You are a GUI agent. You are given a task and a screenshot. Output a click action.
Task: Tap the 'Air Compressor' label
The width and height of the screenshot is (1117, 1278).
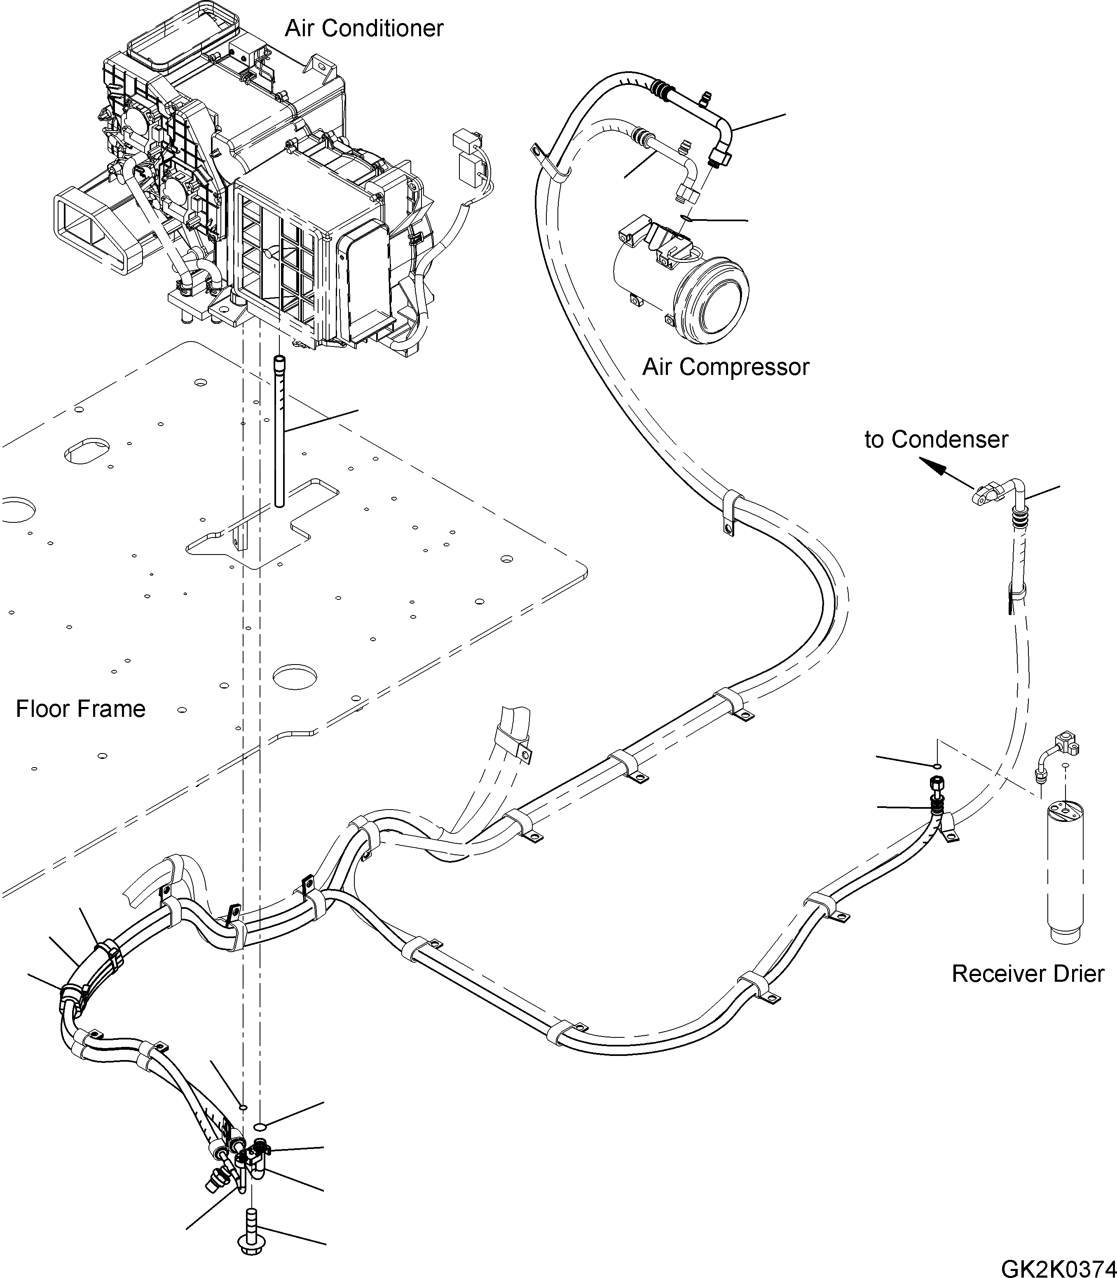click(726, 367)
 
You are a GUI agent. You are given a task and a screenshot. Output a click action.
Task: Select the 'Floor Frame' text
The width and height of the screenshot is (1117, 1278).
click(80, 709)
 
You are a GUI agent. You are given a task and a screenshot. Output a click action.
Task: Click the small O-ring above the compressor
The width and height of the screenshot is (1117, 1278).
click(685, 218)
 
